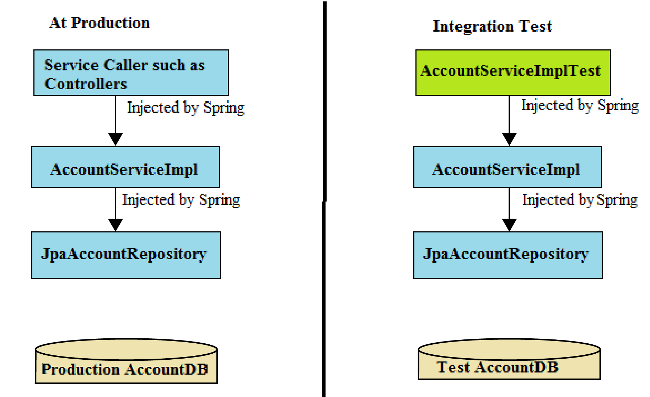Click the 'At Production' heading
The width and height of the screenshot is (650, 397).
(100, 23)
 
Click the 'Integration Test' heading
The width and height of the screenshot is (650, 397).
(492, 26)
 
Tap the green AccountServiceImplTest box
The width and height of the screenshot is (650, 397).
(513, 73)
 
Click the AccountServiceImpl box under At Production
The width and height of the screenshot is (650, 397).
(125, 167)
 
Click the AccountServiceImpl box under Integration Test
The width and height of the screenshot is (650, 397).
(507, 167)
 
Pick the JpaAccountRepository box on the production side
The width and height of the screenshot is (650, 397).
(126, 255)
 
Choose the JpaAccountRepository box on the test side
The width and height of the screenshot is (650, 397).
(508, 255)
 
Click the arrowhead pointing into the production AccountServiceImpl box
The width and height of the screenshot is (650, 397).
(116, 139)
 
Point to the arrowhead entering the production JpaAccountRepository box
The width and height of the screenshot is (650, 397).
(116, 225)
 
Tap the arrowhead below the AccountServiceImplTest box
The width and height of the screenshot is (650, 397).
(509, 139)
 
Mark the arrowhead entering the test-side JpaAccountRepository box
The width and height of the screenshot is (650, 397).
(509, 225)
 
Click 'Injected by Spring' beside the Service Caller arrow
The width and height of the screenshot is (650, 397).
(186, 107)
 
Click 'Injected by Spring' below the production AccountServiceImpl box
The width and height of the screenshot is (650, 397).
(181, 200)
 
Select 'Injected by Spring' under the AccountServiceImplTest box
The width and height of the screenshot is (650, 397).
(580, 106)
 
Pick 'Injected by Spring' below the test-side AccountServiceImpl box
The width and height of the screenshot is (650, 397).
(580, 200)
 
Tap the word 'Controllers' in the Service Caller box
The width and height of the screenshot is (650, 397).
(86, 84)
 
